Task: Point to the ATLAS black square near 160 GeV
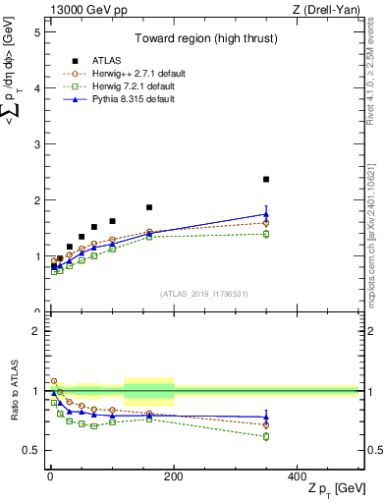[149, 207]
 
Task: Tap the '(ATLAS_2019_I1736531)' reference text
[203, 294]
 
